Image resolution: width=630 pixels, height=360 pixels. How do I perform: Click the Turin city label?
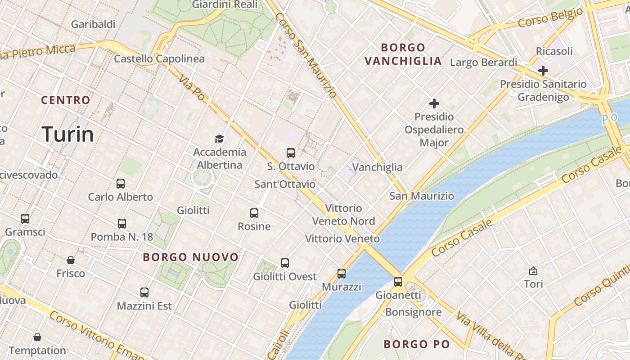coord(67,134)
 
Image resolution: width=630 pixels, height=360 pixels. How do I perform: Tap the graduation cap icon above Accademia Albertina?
coord(219,139)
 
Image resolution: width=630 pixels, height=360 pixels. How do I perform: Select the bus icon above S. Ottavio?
coord(291,153)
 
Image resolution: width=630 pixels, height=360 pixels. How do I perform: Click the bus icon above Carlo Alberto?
coord(121,184)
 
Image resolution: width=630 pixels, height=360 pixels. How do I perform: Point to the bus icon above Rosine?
coord(254,213)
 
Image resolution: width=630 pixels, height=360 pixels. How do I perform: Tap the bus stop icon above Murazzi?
coord(342,274)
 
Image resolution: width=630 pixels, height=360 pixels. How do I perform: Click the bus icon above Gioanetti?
coord(398,282)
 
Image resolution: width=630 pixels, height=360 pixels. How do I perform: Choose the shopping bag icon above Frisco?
coord(71,260)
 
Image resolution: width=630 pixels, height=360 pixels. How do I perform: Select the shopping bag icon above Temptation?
coord(37,337)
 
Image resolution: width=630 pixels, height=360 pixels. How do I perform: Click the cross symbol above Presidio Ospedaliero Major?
coord(434,104)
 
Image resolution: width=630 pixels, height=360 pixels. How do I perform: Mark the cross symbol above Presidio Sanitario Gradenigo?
coord(543,71)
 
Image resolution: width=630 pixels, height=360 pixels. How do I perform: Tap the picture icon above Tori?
coord(533,271)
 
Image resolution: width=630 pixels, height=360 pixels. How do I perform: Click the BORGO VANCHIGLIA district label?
coord(403,54)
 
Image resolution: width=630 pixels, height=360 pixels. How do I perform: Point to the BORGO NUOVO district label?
coord(191,257)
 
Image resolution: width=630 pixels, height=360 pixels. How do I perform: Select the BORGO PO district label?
coord(417,344)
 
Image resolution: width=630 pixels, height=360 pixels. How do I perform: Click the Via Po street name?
coord(191,87)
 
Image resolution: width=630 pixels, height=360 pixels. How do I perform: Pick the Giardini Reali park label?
coord(225,4)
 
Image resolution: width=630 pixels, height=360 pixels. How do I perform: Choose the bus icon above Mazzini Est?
coord(144,292)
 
